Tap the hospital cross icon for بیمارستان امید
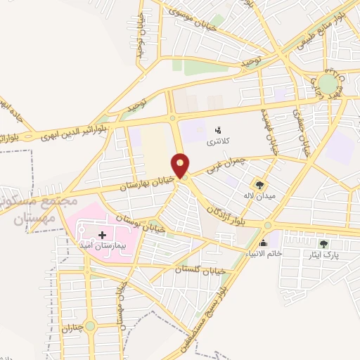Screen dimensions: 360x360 coord(102,234)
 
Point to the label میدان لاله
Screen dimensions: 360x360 coord(257,195)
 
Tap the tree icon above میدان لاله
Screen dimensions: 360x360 coord(261,185)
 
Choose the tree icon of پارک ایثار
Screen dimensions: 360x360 coord(323,243)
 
